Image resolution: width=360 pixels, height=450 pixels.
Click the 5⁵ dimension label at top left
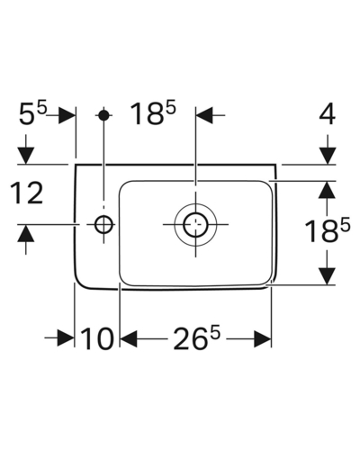(33, 113)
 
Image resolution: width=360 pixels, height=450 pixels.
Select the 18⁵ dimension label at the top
(153, 113)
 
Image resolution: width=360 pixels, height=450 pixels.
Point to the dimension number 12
(27, 193)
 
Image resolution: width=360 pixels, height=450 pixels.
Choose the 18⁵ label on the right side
(328, 230)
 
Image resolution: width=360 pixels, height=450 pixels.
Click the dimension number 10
(97, 338)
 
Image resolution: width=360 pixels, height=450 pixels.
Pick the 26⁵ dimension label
(197, 338)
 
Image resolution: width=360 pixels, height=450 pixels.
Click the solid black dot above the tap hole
(104, 115)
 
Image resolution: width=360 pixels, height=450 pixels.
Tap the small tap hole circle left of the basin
(104, 224)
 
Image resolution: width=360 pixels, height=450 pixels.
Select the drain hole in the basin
(195, 224)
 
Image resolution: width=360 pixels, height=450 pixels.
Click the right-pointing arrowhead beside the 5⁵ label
(67, 115)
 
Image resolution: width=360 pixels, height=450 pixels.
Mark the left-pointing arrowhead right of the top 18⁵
(204, 115)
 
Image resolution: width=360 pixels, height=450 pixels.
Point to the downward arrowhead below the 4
(328, 156)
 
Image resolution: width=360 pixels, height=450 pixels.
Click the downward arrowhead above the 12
(25, 156)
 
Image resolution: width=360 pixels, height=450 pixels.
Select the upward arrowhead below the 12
(25, 233)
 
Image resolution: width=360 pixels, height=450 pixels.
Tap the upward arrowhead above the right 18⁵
(328, 190)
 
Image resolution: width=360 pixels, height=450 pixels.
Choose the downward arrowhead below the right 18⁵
(328, 275)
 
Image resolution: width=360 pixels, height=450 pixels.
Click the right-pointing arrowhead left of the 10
(66, 339)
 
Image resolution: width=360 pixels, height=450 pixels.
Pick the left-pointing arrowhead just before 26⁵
(129, 339)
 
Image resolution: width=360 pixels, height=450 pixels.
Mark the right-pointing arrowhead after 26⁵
(262, 339)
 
